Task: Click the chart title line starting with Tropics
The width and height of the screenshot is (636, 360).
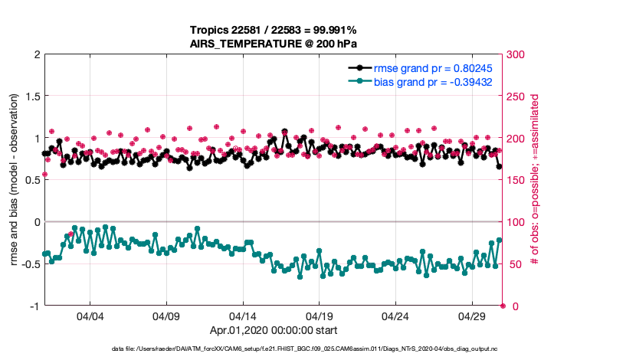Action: (274, 30)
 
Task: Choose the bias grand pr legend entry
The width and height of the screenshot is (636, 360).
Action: (432, 81)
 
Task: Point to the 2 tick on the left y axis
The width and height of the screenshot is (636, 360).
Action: (35, 54)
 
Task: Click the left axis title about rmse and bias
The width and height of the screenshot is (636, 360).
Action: (16, 180)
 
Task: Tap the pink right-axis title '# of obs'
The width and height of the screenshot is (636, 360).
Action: (536, 180)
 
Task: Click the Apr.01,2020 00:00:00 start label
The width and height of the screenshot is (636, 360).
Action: (274, 330)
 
